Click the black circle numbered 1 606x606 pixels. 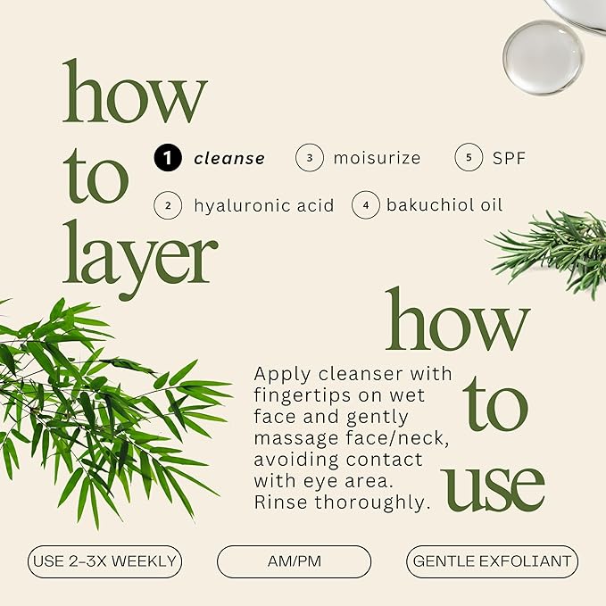[168, 157]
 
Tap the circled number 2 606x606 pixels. [168, 205]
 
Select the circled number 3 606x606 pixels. [309, 157]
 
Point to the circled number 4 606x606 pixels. [366, 205]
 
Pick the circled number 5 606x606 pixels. [469, 157]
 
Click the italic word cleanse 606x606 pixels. [229, 159]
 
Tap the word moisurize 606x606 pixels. [377, 158]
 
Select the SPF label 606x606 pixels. [509, 158]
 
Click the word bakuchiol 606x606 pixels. [430, 205]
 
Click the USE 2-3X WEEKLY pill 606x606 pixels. [104, 561]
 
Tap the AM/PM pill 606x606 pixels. [295, 561]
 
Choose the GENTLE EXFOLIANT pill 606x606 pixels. [493, 561]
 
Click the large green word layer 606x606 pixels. [140, 259]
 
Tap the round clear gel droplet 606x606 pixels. [544, 57]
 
